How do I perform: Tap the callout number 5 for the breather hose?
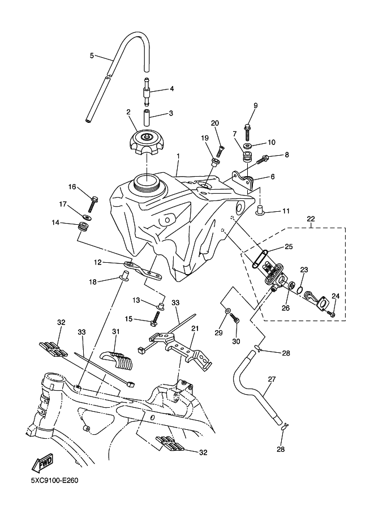coord(92,55)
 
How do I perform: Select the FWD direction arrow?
coord(42,463)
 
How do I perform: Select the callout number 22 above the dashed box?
coord(311,219)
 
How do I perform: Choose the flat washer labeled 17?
coord(87,217)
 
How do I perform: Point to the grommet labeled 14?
coord(83,227)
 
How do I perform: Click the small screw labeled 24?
coord(332,314)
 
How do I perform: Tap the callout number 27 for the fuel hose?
coord(272,379)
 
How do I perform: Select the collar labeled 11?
coord(260,210)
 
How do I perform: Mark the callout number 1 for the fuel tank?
coord(178,155)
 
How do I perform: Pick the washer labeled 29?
coord(227,311)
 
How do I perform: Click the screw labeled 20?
coord(220,152)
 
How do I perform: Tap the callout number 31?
coord(115,331)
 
